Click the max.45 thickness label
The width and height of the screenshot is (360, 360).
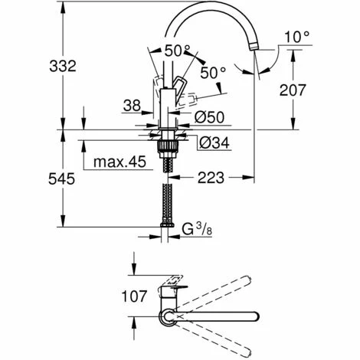(x=121, y=162)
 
